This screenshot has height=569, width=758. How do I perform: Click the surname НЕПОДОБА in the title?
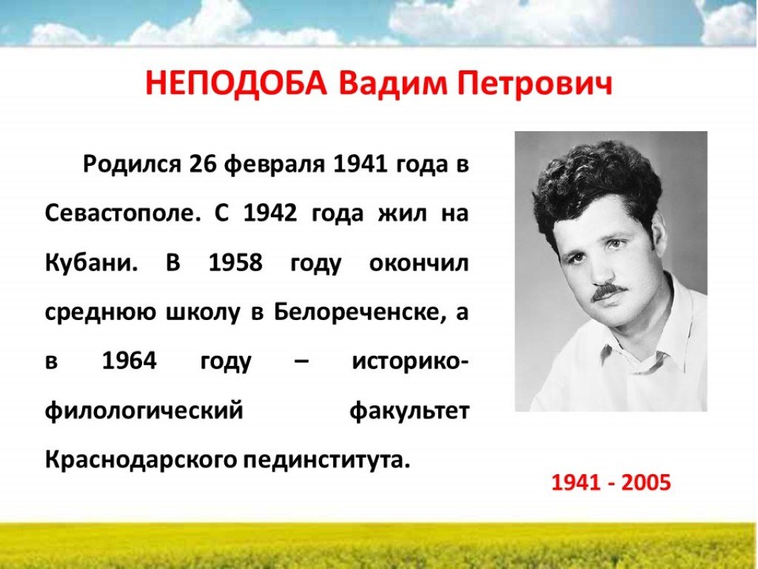236,83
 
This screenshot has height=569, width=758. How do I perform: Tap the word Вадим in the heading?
392,83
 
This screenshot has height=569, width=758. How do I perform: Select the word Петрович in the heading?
534,84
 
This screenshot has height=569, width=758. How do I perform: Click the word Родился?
132,164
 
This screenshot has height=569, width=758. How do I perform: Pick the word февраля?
274,165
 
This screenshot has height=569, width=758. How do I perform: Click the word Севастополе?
122,213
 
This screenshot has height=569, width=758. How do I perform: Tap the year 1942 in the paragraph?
269,213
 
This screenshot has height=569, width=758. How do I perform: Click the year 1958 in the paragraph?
235,263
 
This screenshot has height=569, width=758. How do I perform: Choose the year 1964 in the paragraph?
130,361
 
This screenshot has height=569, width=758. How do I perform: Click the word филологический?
144,411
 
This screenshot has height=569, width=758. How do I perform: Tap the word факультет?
409,411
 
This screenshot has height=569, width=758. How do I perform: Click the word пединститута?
326,459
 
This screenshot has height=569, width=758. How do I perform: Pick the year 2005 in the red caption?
646,482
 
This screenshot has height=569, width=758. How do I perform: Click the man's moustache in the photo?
609,291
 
